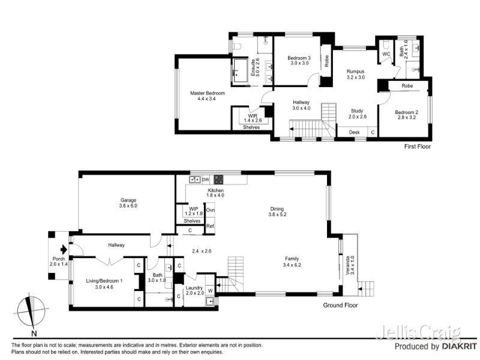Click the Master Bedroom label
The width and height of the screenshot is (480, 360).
point(207,93)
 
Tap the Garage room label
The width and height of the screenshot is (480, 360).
point(128,200)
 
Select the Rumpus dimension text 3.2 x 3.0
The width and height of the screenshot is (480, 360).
point(355,77)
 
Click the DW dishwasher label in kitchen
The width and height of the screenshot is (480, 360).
point(206,179)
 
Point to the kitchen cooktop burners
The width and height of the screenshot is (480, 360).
point(218,179)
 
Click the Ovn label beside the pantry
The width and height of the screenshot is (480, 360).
point(211,211)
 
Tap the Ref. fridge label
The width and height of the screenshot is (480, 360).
point(211,226)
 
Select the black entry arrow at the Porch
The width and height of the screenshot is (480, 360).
point(64,250)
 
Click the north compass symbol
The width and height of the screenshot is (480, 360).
point(31,312)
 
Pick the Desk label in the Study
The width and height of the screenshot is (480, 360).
point(354,132)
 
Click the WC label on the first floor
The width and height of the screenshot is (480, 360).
point(386,54)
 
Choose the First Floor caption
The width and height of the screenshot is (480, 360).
point(417,146)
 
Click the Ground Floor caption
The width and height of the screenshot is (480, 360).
point(340,305)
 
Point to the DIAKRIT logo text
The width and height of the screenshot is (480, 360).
point(460,347)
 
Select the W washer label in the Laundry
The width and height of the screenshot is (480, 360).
point(211,290)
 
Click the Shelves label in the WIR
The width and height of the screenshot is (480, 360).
point(251,127)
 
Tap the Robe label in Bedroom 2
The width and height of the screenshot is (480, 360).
point(407,86)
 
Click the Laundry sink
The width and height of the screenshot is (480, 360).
point(211,302)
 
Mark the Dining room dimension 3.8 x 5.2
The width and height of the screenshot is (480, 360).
point(277,215)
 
